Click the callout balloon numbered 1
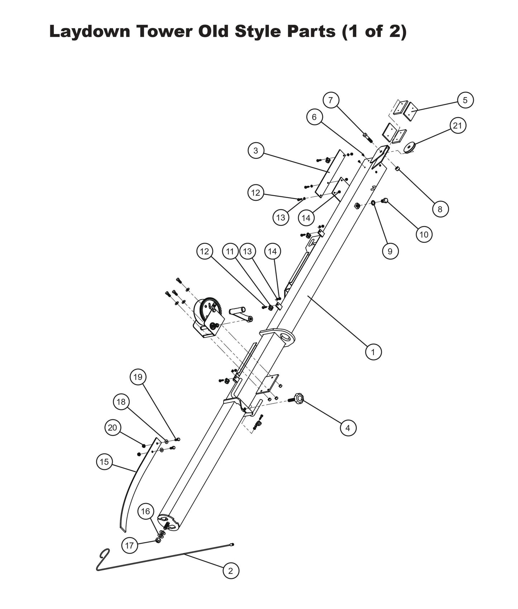[x=373, y=352]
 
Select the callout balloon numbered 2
[x=231, y=571]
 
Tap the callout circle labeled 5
[x=465, y=100]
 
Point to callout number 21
[x=458, y=126]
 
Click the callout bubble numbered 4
[x=348, y=428]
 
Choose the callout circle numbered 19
[x=138, y=377]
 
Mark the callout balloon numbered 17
[x=129, y=546]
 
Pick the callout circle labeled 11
[x=230, y=251]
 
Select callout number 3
[x=256, y=151]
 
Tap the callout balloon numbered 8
[x=440, y=209]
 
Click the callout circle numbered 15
[x=104, y=462]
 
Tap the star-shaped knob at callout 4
[x=299, y=397]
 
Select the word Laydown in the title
[x=90, y=31]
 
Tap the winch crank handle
[x=241, y=314]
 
